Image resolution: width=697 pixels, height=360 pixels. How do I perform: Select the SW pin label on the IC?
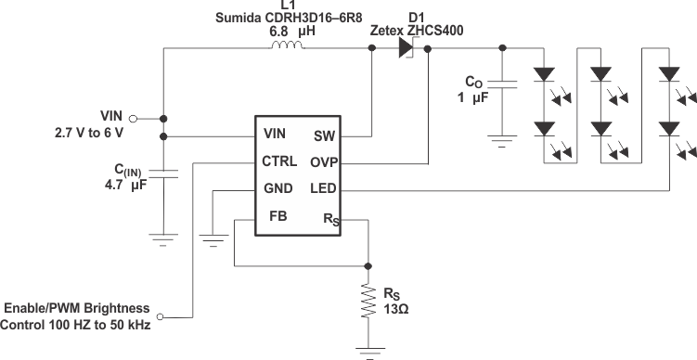point(324,135)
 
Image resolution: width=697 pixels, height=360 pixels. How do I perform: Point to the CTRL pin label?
point(279,161)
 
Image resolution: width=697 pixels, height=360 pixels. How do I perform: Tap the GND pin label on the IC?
point(278,188)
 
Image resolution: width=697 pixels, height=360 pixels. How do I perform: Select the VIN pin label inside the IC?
point(274,135)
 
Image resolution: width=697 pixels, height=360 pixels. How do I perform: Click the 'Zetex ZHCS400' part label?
point(418,31)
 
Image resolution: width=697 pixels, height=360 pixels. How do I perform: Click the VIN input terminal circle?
point(133,119)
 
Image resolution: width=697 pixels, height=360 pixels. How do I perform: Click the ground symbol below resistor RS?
point(369,350)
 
